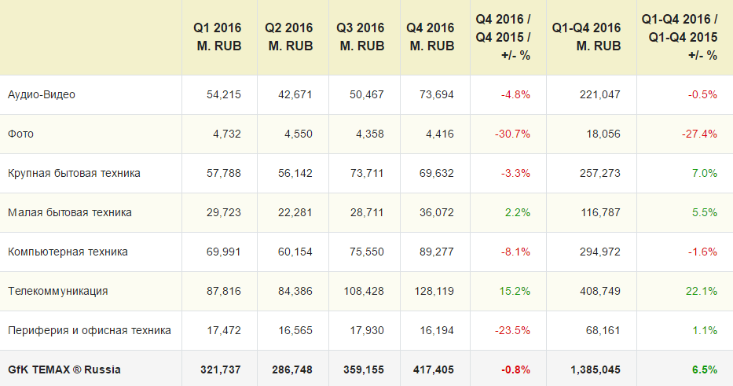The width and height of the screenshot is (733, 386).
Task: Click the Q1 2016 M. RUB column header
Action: (217, 37)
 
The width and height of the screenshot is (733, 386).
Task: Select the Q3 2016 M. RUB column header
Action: (361, 37)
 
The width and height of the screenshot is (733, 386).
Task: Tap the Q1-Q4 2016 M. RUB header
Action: (586, 37)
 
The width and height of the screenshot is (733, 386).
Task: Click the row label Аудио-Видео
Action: (41, 94)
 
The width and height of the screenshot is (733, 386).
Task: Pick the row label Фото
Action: (20, 134)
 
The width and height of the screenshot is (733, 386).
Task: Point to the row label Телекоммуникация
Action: (58, 291)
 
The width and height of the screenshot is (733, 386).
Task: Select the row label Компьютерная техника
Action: (68, 252)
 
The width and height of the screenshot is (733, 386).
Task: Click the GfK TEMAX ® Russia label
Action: (64, 369)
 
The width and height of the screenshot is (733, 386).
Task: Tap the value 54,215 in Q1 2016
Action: (224, 94)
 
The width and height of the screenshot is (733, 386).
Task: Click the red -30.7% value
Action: (512, 134)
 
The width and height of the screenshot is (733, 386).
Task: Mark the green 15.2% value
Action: (515, 291)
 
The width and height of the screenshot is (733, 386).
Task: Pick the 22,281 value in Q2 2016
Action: (295, 212)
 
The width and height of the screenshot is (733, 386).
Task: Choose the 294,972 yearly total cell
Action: (599, 252)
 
